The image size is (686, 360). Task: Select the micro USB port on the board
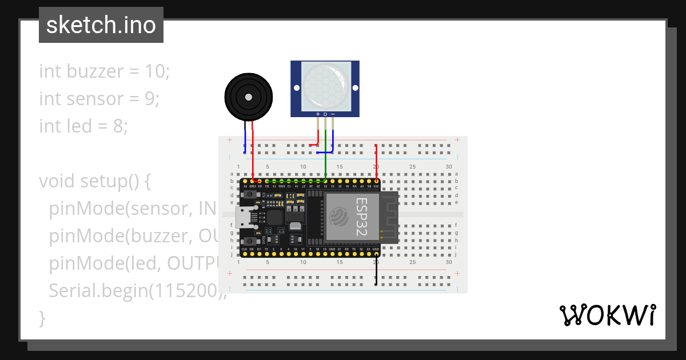coord(242,217)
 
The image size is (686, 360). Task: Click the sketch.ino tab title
coord(101,25)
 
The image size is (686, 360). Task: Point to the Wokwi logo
coord(607,315)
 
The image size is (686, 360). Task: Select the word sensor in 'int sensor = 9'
coord(93,99)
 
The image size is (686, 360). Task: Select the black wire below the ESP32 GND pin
coord(376,272)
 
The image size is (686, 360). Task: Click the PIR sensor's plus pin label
coord(318,114)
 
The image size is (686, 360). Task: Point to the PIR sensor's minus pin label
coord(333,114)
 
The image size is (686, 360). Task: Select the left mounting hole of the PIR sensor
coord(297,87)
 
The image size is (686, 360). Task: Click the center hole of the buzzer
coord(248,98)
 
